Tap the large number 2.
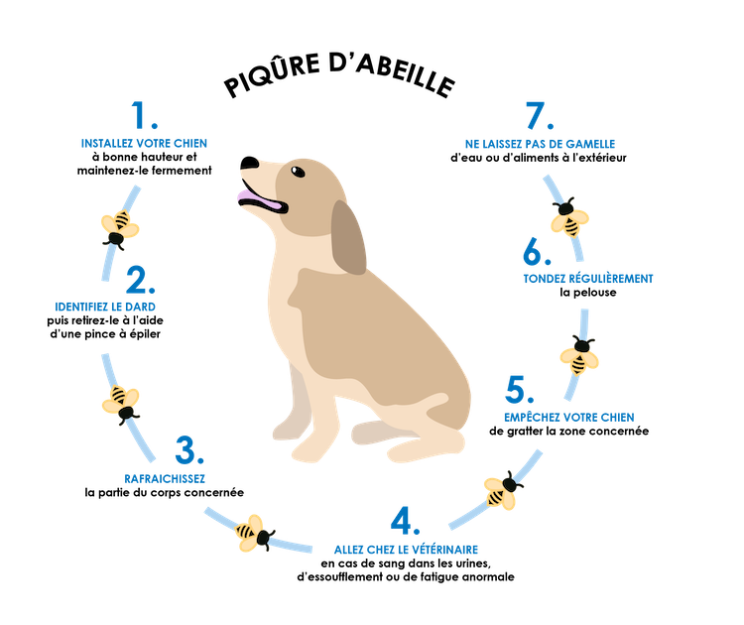point(135,279)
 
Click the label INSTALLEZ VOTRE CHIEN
point(145,143)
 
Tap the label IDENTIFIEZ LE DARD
point(107,307)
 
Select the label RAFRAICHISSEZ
point(166,479)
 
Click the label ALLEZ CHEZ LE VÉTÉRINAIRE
point(406,549)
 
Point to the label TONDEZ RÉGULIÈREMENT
point(588,280)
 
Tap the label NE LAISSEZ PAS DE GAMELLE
point(540,143)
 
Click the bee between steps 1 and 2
point(120,226)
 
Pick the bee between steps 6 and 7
point(569,219)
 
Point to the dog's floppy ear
point(348,238)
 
